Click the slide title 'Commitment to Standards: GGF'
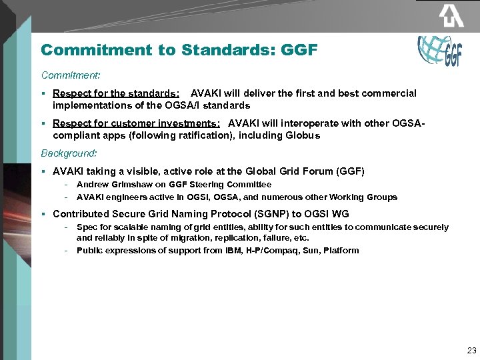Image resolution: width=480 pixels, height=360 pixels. pyautogui.click(x=179, y=50)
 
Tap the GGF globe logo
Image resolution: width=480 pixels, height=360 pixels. pyautogui.click(x=439, y=51)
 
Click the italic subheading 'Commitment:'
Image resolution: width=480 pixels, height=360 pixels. pyautogui.click(x=70, y=75)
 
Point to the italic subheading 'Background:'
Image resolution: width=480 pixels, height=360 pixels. pyautogui.click(x=69, y=153)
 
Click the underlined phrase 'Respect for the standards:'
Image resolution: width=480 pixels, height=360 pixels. pyautogui.click(x=115, y=93)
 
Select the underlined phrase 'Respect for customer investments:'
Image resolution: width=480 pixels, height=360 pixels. pyautogui.click(x=137, y=123)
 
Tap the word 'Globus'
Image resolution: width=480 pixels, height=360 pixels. pyautogui.click(x=305, y=135)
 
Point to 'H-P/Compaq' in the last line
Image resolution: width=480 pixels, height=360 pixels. pyautogui.click(x=277, y=251)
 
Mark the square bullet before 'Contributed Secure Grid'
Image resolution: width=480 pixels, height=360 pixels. pyautogui.click(x=43, y=214)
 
